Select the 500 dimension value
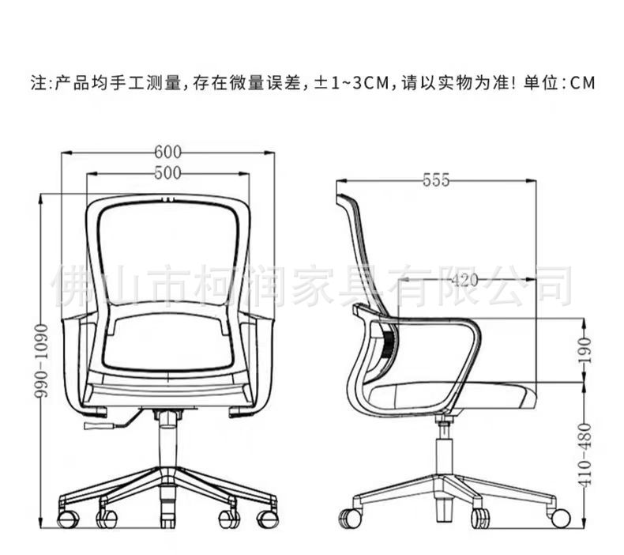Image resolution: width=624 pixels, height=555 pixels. [x=167, y=172]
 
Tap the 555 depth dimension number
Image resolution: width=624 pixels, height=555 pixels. [x=435, y=180]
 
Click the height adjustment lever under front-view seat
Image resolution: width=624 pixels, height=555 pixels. [x=99, y=426]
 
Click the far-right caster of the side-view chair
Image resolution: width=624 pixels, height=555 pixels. [x=560, y=518]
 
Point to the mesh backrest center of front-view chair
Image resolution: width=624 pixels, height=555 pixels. [x=167, y=253]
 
